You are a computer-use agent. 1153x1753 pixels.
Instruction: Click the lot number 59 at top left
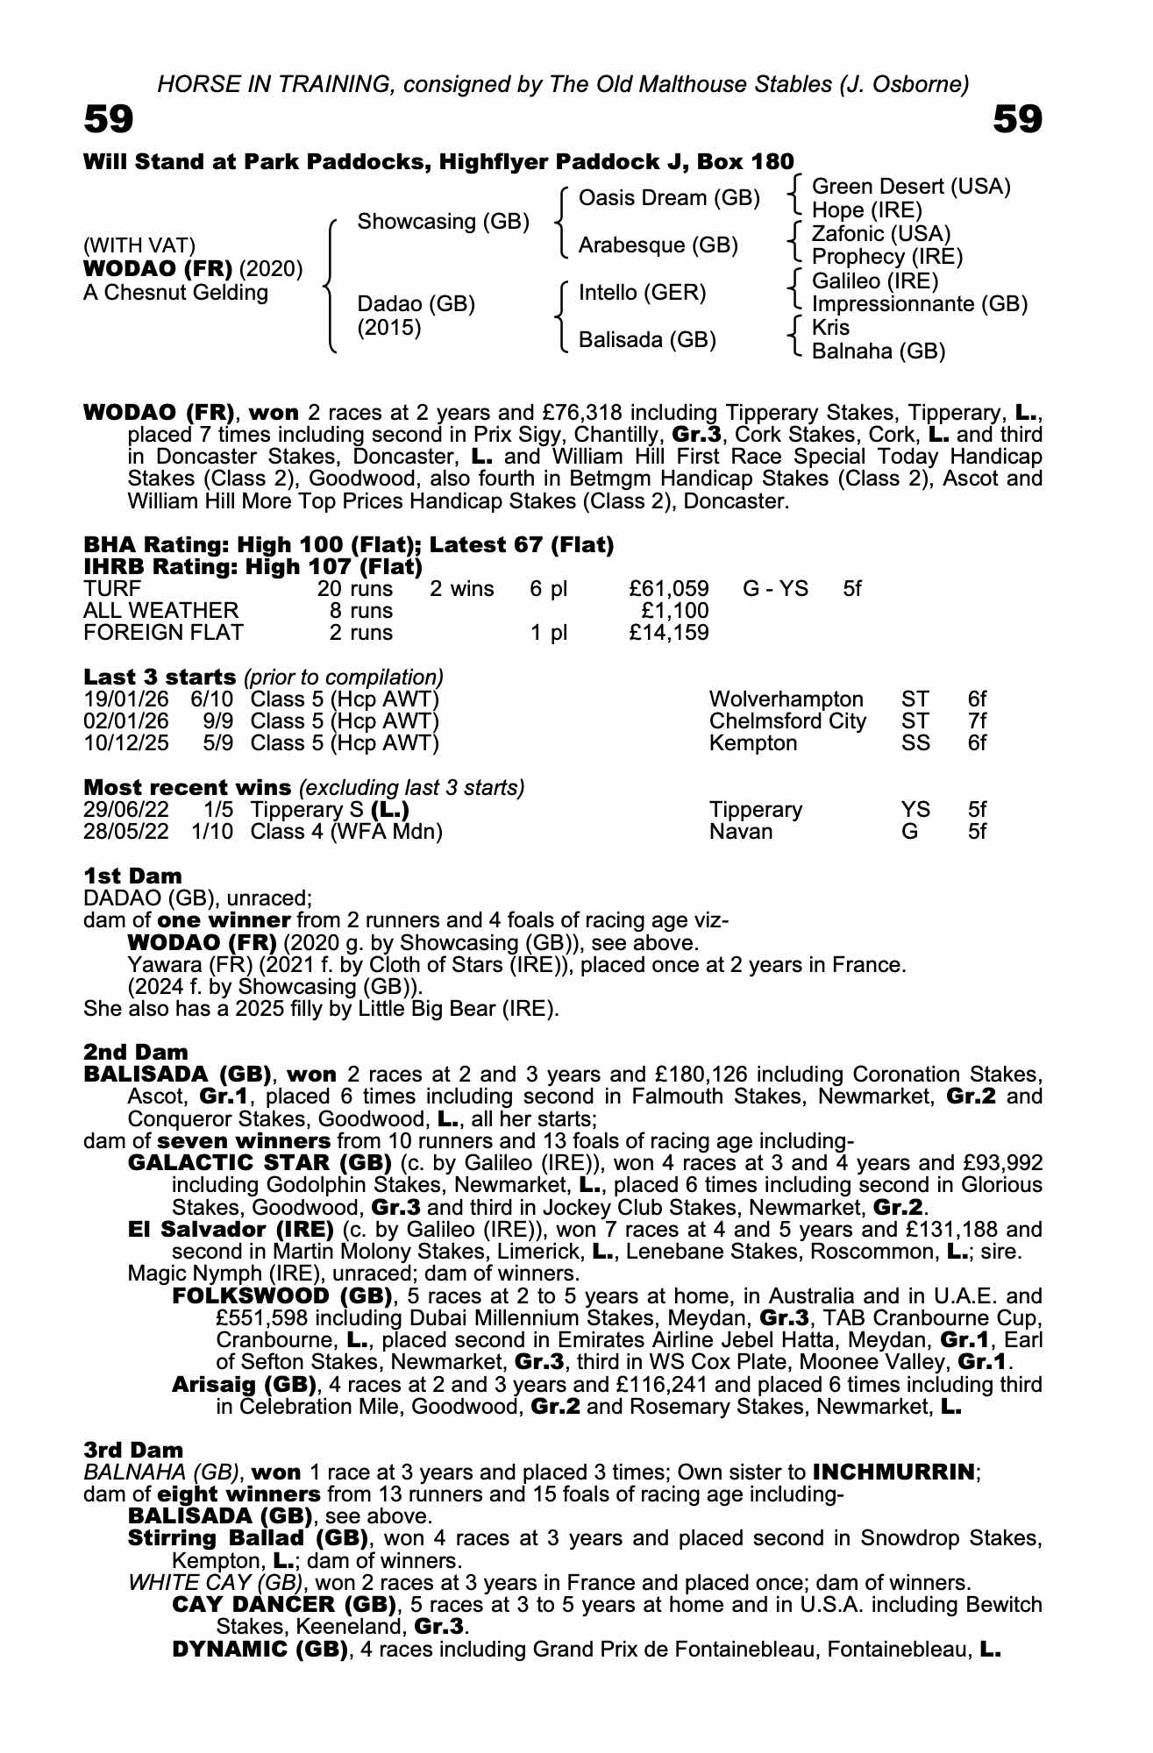click(109, 119)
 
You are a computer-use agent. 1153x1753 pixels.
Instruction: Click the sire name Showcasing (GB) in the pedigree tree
click(443, 222)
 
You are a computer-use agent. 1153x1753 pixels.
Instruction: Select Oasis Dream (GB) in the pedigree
click(669, 198)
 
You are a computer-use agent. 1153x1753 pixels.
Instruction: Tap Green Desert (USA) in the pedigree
click(911, 187)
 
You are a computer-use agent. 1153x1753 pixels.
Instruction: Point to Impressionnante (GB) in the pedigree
click(919, 304)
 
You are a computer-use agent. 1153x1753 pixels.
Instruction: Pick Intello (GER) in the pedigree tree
click(642, 293)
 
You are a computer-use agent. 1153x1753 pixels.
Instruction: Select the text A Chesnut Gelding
click(175, 293)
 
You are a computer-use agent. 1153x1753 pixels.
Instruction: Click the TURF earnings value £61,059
click(669, 588)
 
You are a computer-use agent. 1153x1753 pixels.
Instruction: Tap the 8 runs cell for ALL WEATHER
click(361, 610)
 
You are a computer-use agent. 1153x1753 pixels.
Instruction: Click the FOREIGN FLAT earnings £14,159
click(669, 633)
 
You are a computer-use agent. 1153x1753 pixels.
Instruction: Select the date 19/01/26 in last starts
click(126, 699)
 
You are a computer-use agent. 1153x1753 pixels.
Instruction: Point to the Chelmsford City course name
click(787, 721)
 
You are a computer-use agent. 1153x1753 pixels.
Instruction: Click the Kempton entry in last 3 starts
click(753, 743)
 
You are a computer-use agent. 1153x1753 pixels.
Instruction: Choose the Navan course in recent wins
click(741, 832)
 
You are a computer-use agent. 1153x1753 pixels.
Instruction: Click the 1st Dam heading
click(133, 876)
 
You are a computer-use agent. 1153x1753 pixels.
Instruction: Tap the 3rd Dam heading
click(134, 1451)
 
